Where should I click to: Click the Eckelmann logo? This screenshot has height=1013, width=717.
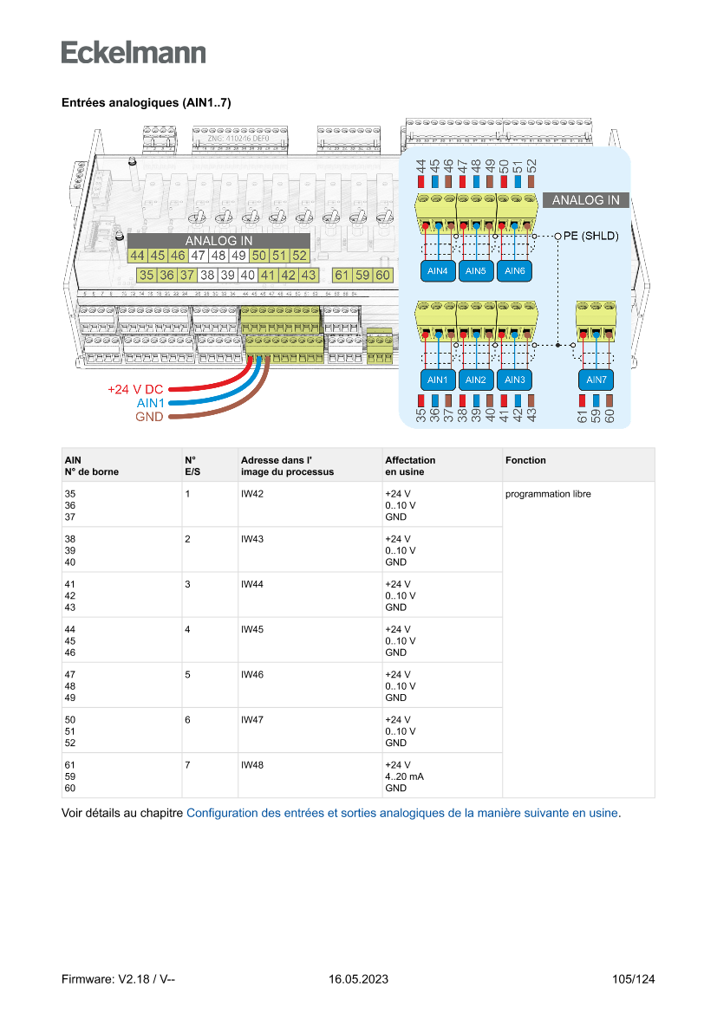pos(134,52)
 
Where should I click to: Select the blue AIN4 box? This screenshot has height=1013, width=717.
pos(438,271)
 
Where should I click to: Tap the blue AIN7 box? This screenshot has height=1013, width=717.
pos(596,380)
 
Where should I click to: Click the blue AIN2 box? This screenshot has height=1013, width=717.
pos(475,380)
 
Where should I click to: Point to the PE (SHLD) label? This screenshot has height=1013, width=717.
pos(591,235)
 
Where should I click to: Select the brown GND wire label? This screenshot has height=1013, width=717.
pos(149,417)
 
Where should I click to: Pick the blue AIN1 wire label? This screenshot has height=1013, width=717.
pos(151,404)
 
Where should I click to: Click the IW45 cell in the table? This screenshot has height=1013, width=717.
pos(251,629)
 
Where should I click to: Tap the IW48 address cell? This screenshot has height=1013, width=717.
pos(251,764)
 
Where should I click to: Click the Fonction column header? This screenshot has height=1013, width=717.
pos(525,460)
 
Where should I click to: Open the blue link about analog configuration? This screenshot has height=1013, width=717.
pos(402,813)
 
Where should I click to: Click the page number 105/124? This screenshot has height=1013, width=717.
pos(633,979)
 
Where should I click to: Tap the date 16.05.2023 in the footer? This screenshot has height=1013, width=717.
pos(358,979)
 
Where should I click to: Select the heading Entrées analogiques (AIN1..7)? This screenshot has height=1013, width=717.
pos(146,102)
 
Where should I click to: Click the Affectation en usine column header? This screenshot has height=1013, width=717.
pos(409,466)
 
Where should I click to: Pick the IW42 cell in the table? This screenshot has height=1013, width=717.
pos(251,494)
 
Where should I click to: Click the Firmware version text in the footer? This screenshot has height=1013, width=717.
pos(119,979)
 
